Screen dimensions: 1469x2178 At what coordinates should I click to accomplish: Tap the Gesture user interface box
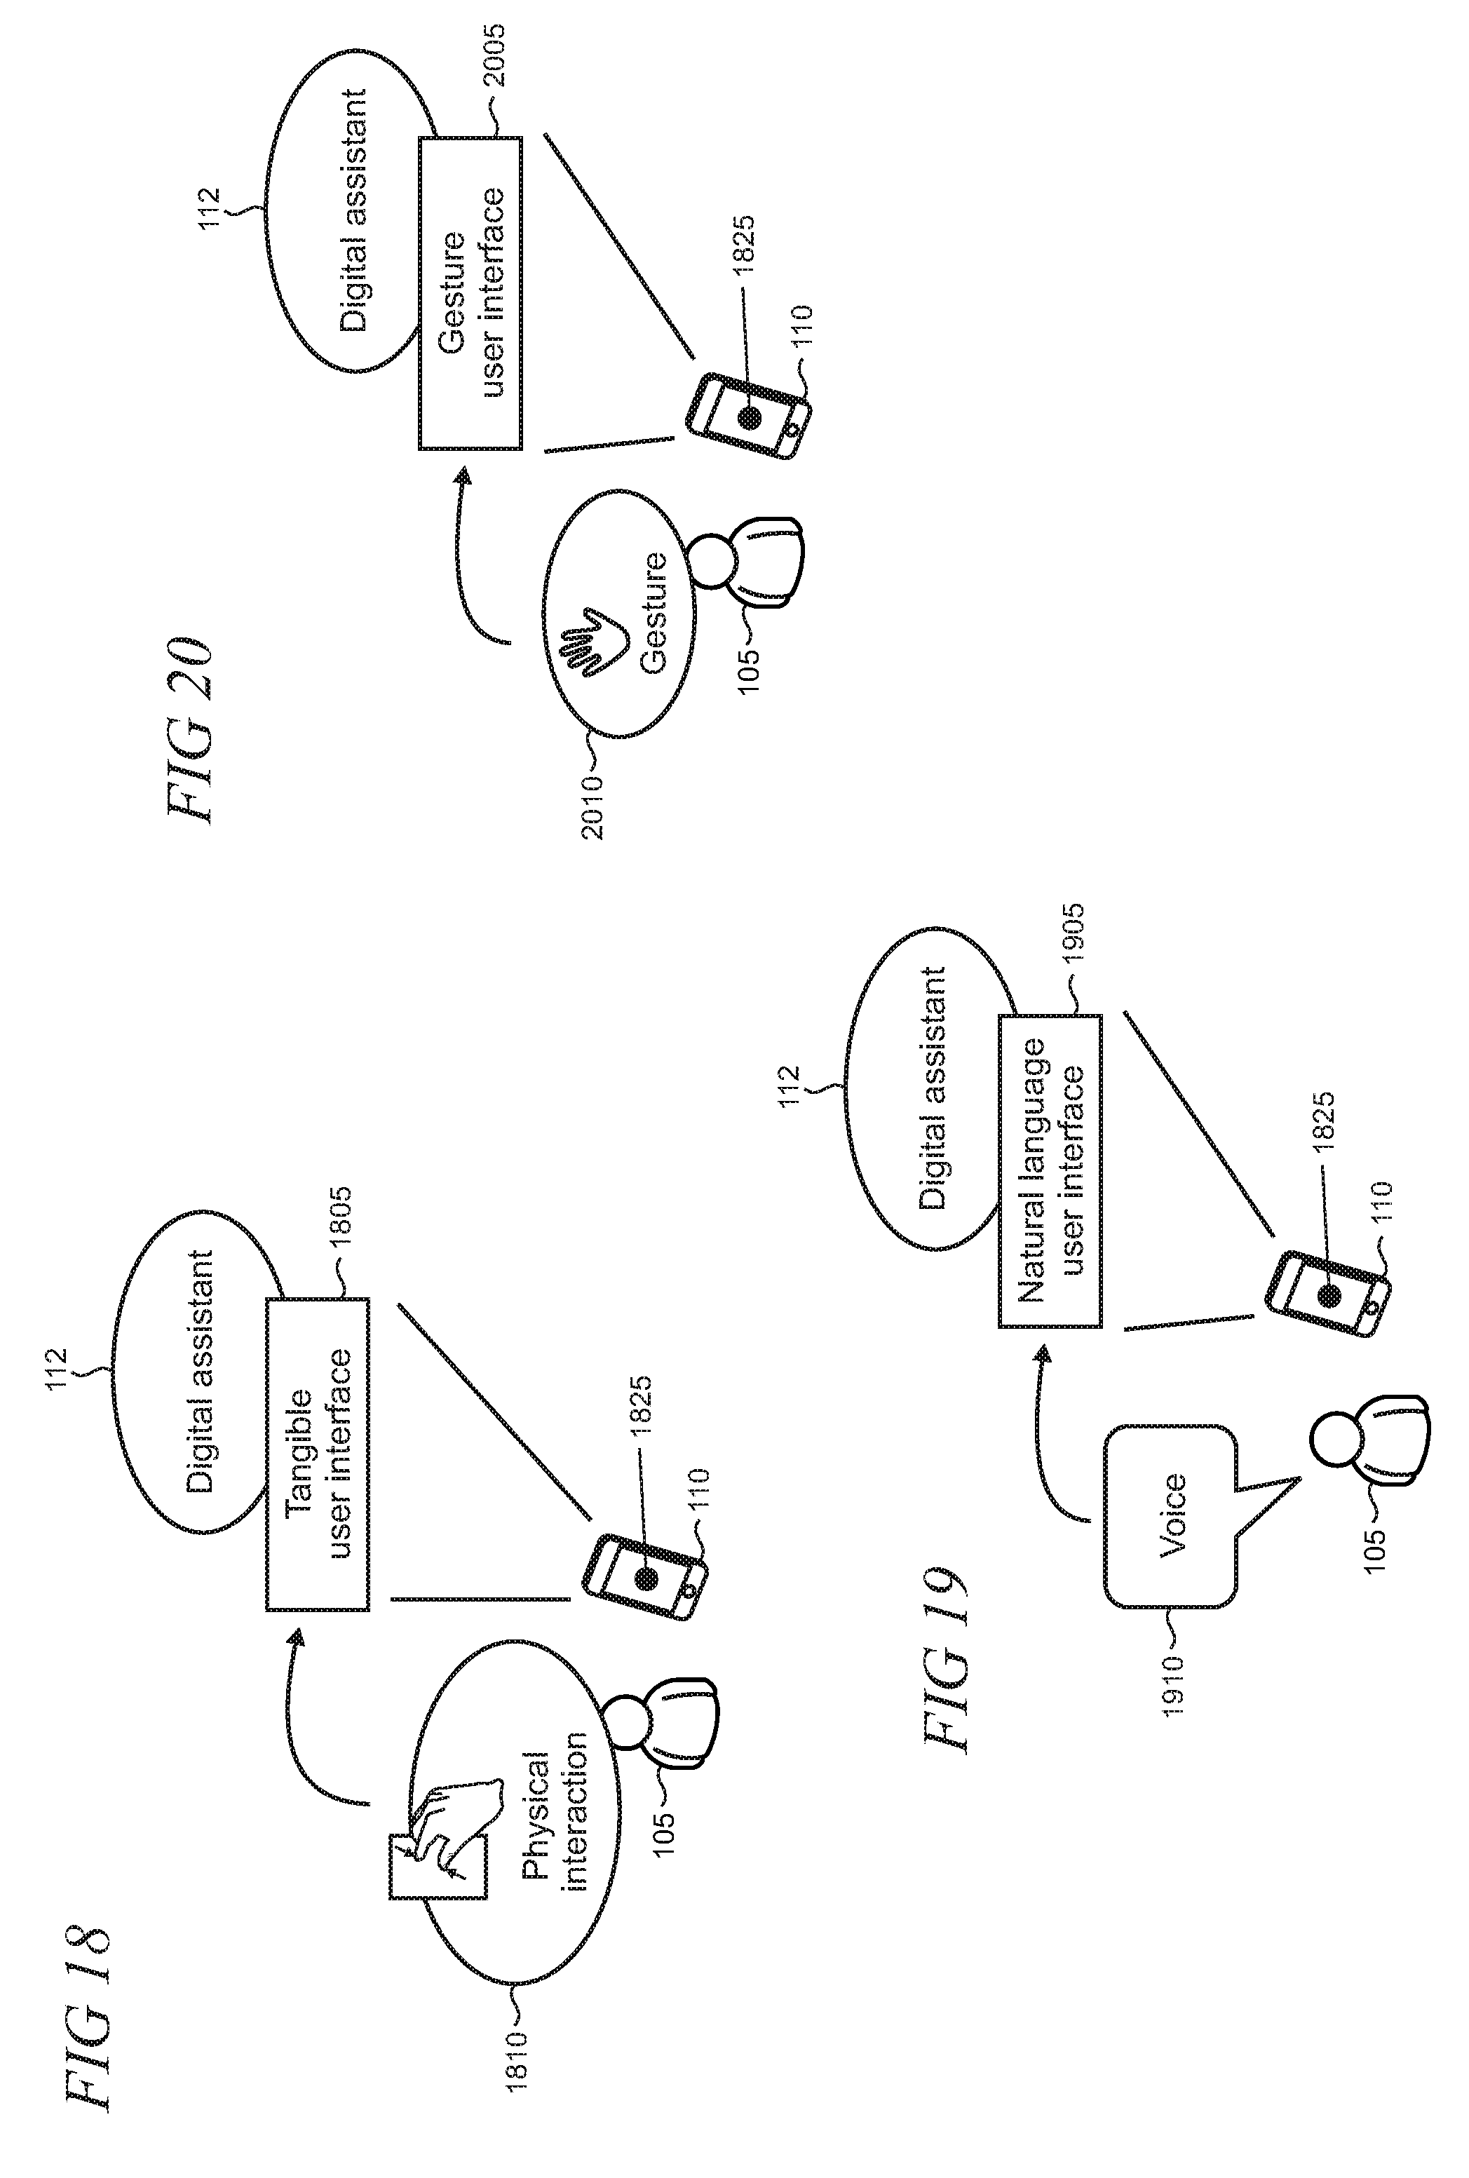[x=471, y=293]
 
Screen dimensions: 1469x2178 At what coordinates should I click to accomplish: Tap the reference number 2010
[x=593, y=806]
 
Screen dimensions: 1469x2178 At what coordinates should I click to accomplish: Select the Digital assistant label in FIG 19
[x=931, y=1088]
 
